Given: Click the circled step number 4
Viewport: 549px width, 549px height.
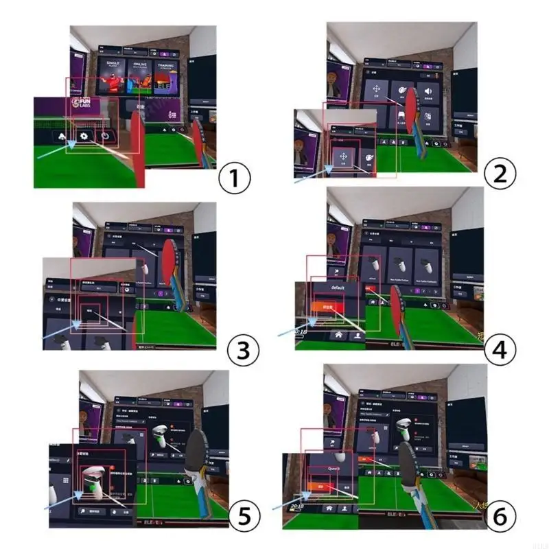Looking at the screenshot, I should (500, 349).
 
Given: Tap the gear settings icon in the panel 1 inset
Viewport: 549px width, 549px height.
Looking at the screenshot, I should (84, 136).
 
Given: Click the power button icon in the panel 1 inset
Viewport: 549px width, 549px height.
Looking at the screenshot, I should (104, 136).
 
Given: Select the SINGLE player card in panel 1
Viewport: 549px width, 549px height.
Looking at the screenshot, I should (114, 74).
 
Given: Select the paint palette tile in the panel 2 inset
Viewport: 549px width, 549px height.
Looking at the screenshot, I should (367, 159).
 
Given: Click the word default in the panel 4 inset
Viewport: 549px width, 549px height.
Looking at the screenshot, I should (338, 288).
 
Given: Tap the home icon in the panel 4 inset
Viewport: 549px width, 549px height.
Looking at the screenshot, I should (338, 335).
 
